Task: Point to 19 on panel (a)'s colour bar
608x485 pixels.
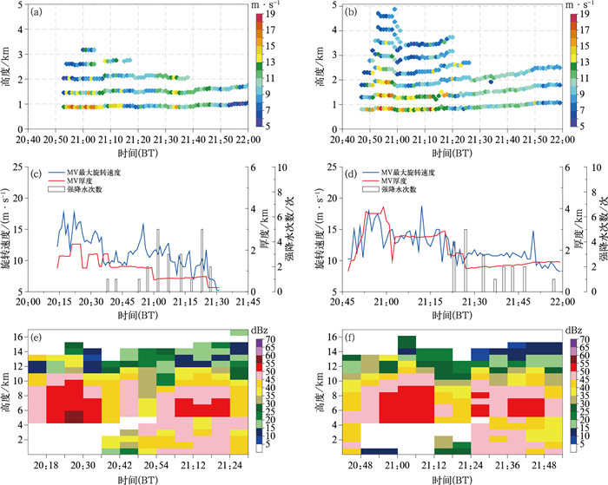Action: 270,14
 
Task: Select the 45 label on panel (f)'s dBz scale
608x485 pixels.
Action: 586,381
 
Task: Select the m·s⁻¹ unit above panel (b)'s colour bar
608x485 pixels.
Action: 578,5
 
